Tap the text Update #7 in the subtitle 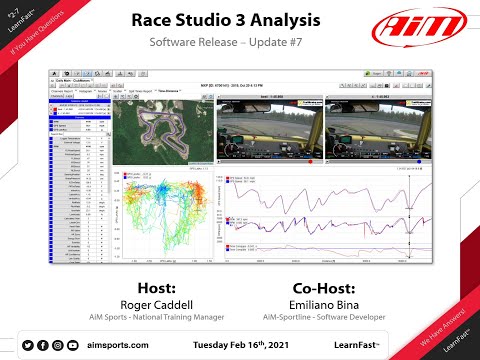281,45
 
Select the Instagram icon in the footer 57,344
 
